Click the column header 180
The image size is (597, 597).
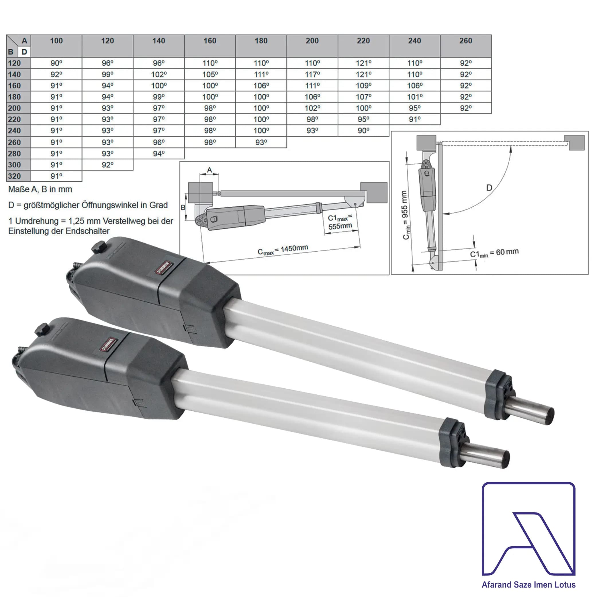click(x=261, y=41)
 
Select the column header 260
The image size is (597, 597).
click(x=466, y=41)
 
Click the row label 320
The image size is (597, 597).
click(x=15, y=176)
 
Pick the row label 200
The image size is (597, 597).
click(x=15, y=108)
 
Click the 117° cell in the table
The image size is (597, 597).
click(x=312, y=75)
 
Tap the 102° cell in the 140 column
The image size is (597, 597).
click(x=159, y=75)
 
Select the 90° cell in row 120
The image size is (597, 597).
click(x=56, y=63)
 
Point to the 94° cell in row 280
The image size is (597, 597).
click(x=159, y=154)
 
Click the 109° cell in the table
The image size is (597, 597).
click(x=363, y=86)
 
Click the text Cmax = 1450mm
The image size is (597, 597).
click(x=283, y=250)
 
